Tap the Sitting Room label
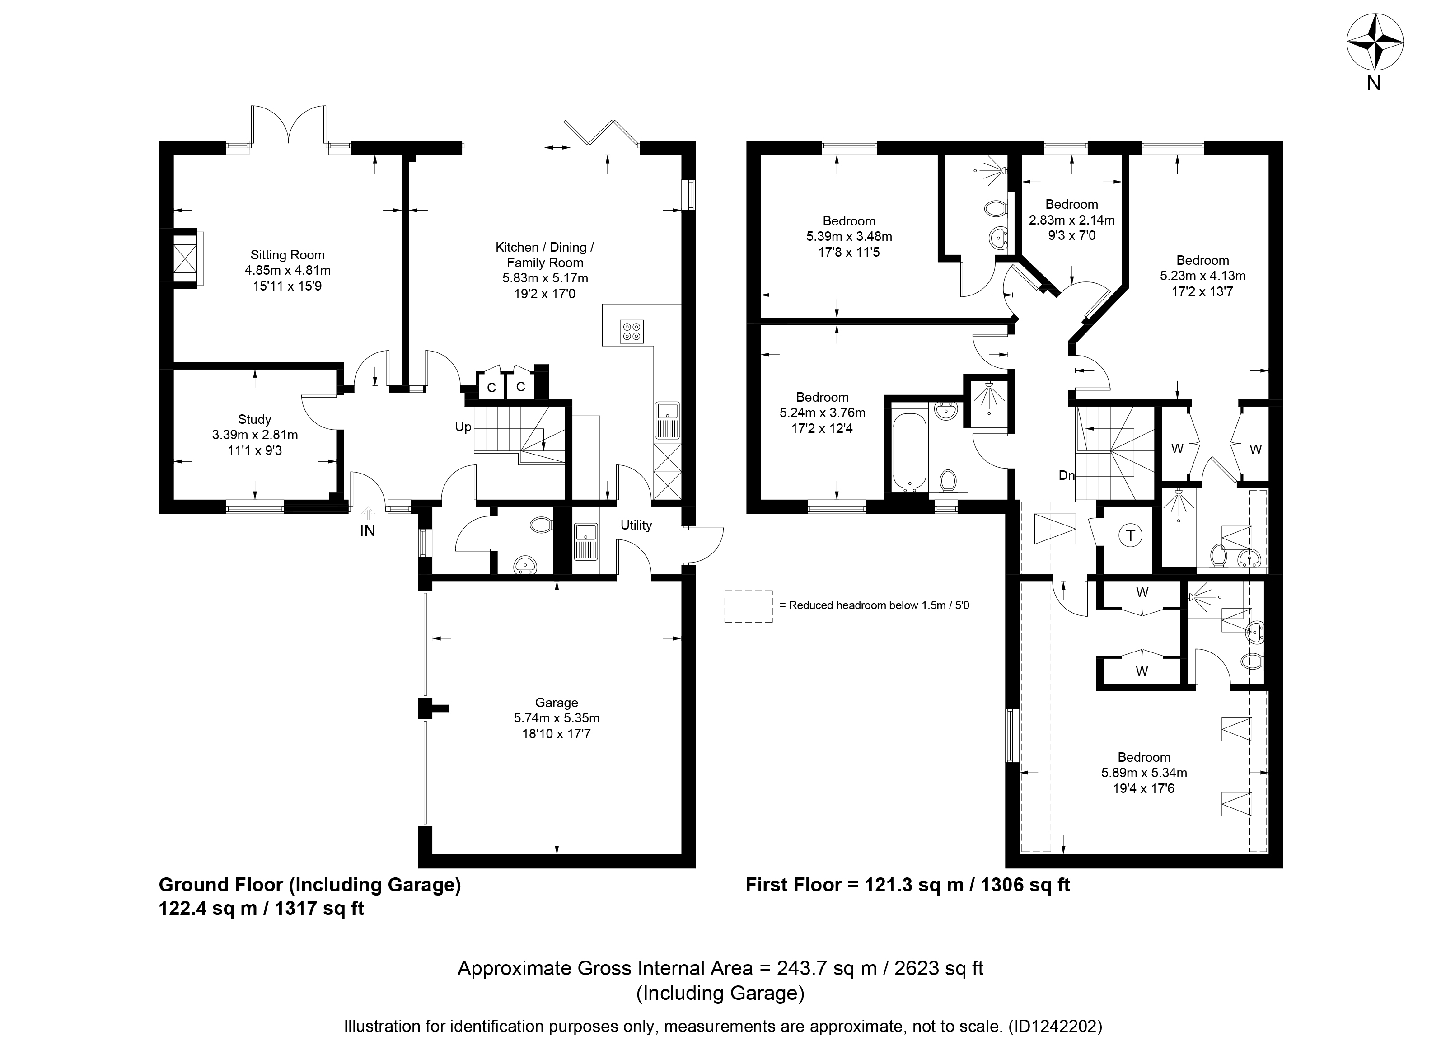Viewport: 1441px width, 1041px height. click(x=287, y=255)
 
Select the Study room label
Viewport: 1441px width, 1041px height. click(x=255, y=419)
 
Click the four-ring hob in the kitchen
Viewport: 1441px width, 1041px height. click(x=632, y=332)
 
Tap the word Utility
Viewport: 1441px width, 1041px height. click(x=636, y=525)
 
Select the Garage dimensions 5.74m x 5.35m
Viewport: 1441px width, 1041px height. click(x=557, y=718)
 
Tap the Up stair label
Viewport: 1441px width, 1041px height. click(x=463, y=427)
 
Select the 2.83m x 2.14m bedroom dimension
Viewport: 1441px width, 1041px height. click(x=1072, y=220)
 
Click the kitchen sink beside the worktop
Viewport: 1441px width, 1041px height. click(x=668, y=421)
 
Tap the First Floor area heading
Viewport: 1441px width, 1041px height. click(x=908, y=885)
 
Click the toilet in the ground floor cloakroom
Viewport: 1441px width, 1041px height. click(x=541, y=525)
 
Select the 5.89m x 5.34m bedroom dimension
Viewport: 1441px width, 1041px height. click(x=1144, y=773)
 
